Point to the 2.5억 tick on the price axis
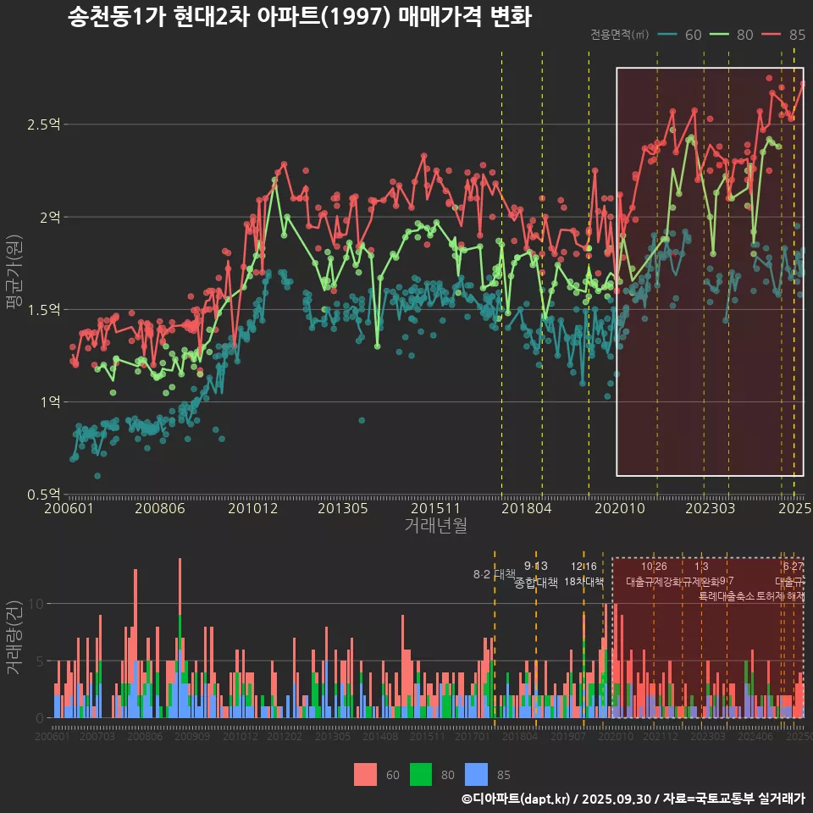click(43, 124)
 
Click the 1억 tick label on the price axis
click(48, 401)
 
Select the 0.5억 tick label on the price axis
click(43, 494)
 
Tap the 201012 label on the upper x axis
click(252, 509)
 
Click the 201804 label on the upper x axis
click(526, 509)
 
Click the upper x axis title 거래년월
click(435, 526)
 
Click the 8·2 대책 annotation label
click(494, 574)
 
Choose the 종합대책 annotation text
click(535, 583)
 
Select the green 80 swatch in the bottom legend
click(421, 774)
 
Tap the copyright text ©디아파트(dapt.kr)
click(517, 799)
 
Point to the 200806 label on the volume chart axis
click(145, 737)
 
